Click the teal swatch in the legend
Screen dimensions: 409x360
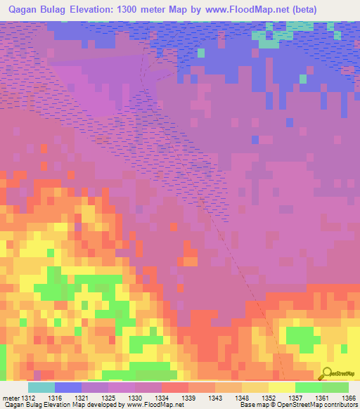click(41, 387)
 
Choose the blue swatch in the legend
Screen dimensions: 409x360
click(68, 387)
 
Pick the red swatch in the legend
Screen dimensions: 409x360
click(175, 387)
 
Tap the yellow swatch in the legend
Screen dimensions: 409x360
click(282, 387)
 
